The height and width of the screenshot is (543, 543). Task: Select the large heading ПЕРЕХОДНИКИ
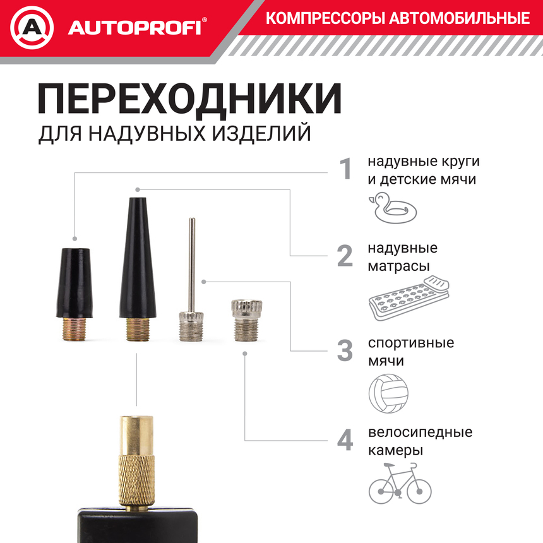pos(189,99)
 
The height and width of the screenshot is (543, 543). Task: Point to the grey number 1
pos(345,169)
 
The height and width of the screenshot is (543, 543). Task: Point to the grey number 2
pos(345,256)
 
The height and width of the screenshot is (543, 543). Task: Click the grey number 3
pos(345,351)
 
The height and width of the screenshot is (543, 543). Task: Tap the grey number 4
pos(345,440)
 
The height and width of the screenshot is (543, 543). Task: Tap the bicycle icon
pos(400,482)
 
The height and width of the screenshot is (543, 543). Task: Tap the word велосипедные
pos(420,433)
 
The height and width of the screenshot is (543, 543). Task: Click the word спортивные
pos(410,343)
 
